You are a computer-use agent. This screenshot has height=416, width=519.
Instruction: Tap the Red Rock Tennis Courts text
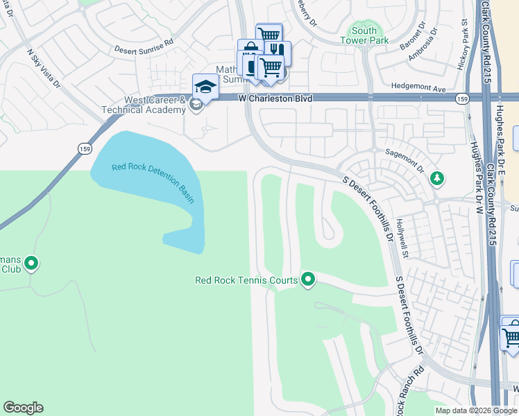click(x=246, y=281)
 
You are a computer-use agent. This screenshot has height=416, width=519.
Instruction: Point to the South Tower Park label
click(x=364, y=35)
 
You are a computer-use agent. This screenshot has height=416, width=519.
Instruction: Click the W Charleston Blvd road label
click(x=275, y=99)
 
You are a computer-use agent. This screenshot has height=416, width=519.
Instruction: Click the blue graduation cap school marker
click(x=205, y=87)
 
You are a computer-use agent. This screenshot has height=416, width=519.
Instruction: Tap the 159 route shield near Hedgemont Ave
click(x=461, y=100)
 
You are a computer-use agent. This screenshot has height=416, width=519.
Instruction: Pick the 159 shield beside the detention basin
click(x=84, y=148)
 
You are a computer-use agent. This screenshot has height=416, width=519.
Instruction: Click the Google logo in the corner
click(x=23, y=408)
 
